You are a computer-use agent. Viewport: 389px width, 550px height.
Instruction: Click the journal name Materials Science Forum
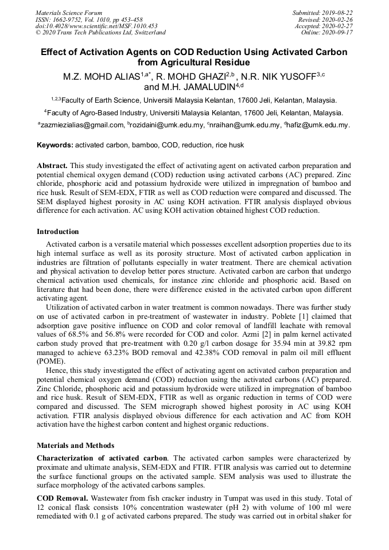(x=69, y=12)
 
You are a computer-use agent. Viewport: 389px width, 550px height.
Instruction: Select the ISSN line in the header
(x=88, y=19)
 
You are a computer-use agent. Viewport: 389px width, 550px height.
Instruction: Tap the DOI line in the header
(x=96, y=26)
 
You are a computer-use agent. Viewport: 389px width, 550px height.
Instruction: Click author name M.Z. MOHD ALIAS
(x=102, y=77)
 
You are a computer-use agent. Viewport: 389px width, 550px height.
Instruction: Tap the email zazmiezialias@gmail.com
(x=81, y=125)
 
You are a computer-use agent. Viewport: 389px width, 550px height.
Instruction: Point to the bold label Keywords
(x=55, y=145)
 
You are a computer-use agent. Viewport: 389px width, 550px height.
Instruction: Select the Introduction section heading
(x=58, y=232)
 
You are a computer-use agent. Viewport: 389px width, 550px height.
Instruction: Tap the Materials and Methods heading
(x=75, y=445)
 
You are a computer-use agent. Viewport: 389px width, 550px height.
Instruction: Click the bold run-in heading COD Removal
(x=62, y=498)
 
